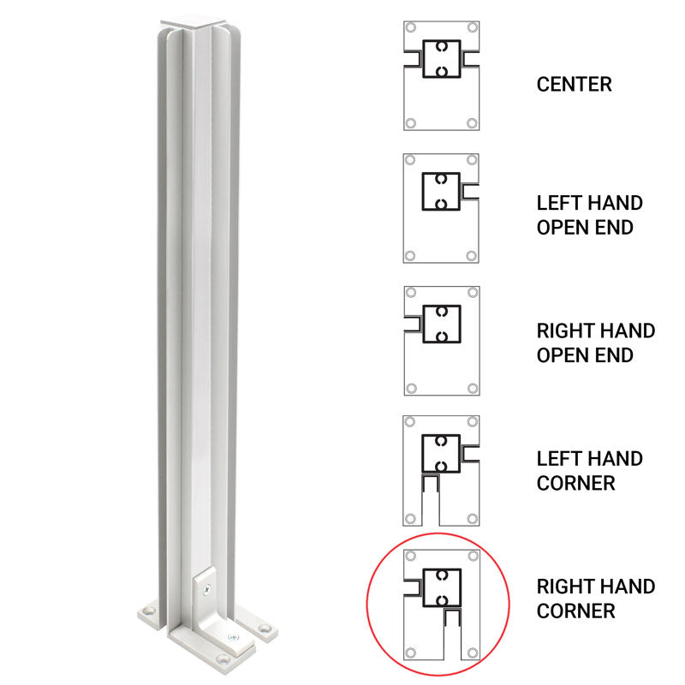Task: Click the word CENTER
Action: pyautogui.click(x=574, y=85)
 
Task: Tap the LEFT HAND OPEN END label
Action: pyautogui.click(x=589, y=215)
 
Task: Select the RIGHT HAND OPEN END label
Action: pyautogui.click(x=595, y=342)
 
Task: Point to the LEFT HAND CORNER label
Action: pyautogui.click(x=589, y=471)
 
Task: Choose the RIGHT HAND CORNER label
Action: pyautogui.click(x=595, y=599)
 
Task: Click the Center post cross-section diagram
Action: pyautogui.click(x=441, y=75)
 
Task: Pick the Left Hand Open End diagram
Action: pyautogui.click(x=441, y=208)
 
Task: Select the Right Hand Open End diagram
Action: pyautogui.click(x=441, y=341)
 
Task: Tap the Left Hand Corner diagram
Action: pyautogui.click(x=441, y=471)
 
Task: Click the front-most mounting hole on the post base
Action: pyautogui.click(x=224, y=661)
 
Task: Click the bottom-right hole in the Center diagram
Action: pyautogui.click(x=471, y=123)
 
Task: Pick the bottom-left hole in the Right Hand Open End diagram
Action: pyautogui.click(x=411, y=388)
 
